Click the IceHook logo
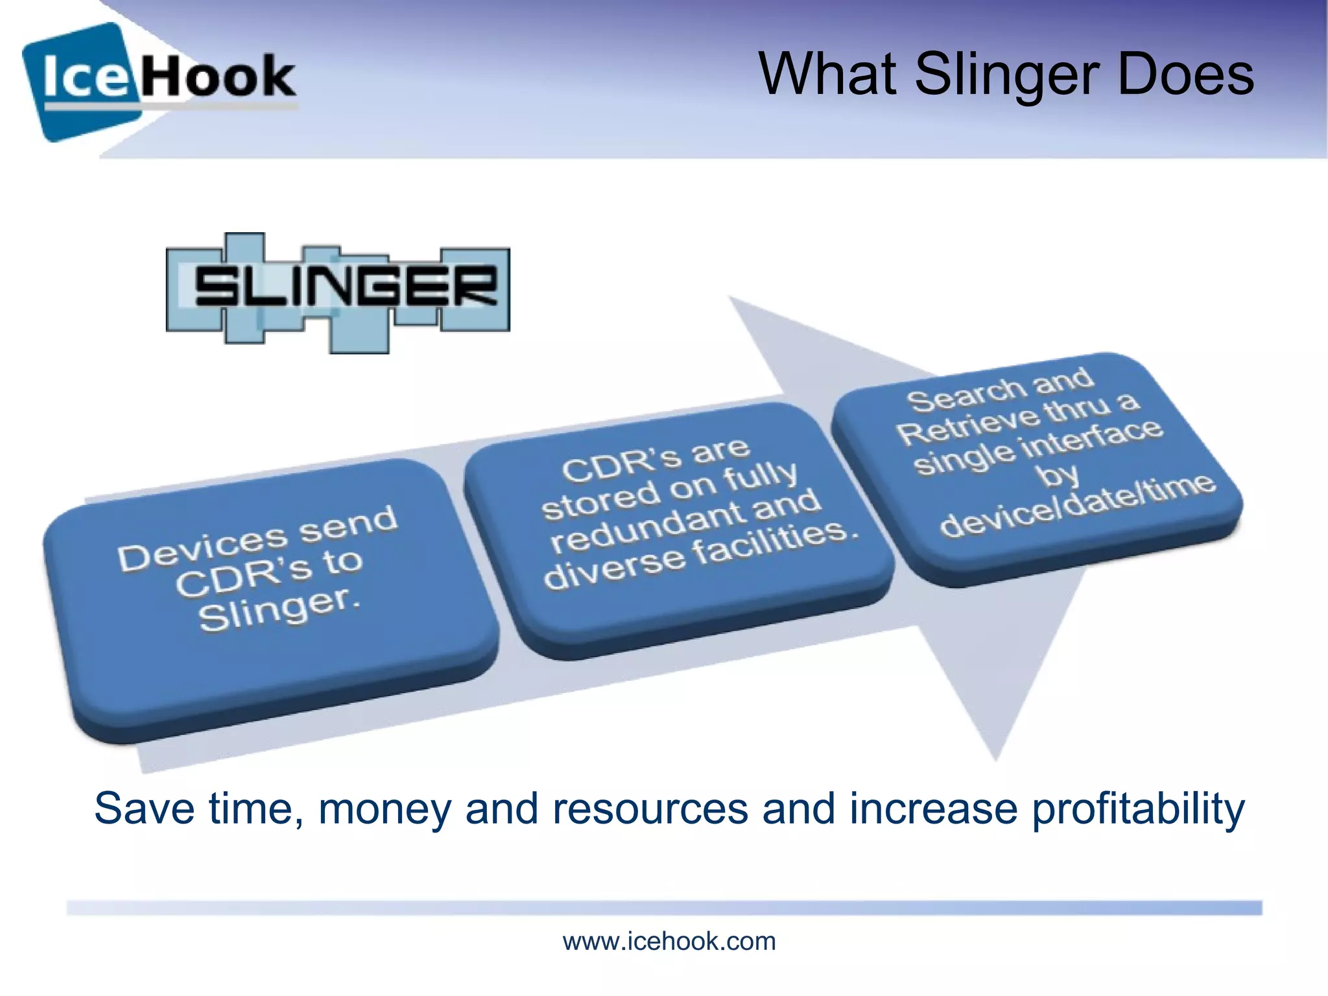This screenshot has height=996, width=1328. pos(159,80)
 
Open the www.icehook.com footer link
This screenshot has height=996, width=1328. pos(669,941)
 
